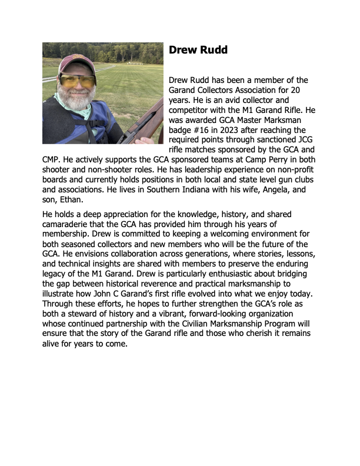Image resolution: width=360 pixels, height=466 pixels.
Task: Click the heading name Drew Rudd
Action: tap(198, 50)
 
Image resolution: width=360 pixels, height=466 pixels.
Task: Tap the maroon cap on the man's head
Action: tap(75, 62)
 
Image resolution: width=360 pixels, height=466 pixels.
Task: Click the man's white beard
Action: tap(74, 101)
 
